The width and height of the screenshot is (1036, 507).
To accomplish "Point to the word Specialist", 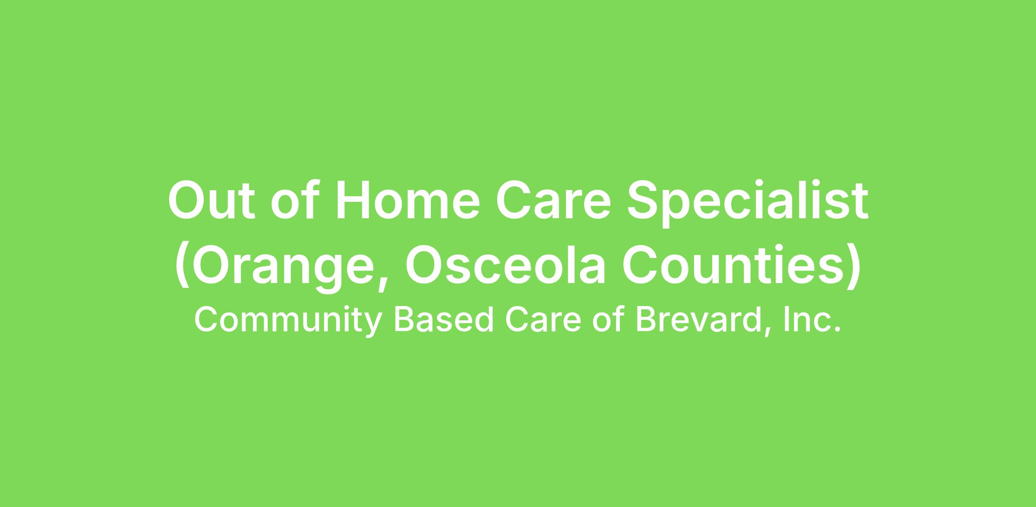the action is point(748,203).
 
